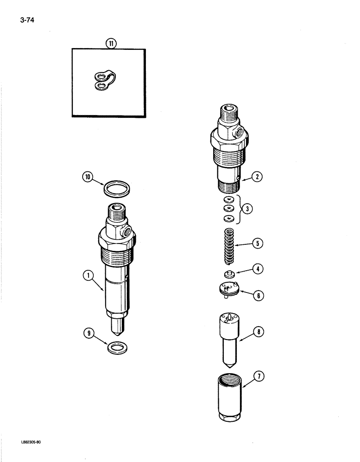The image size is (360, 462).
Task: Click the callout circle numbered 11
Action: pyautogui.click(x=111, y=44)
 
